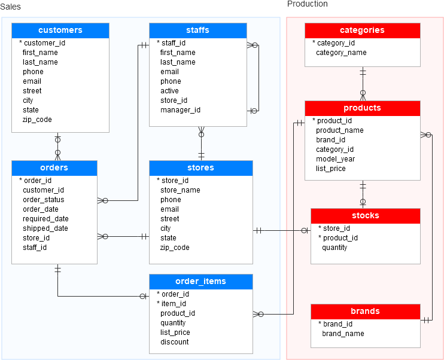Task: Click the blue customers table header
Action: [x=60, y=30]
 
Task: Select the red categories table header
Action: [x=362, y=30]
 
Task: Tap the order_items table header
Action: [x=200, y=282]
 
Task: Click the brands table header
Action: [x=365, y=312]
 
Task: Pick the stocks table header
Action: [x=365, y=216]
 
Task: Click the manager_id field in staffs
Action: [x=180, y=110]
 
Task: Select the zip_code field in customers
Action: [x=37, y=120]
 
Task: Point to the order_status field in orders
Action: [x=43, y=200]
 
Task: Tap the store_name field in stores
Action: [x=180, y=190]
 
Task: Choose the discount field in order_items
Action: [x=174, y=342]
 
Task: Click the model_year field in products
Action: [x=335, y=159]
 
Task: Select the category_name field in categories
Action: [x=341, y=53]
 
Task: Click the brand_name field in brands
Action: [x=343, y=334]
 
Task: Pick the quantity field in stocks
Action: [x=334, y=248]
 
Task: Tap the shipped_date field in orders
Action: [x=45, y=228]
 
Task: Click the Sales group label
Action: [x=10, y=6]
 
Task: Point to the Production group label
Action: [x=308, y=4]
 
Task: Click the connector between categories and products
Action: [x=363, y=84]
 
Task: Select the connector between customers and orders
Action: [x=58, y=146]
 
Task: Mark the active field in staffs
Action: [x=169, y=91]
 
